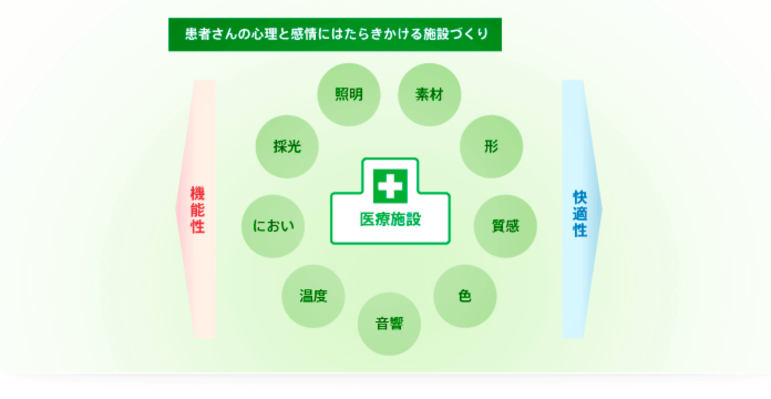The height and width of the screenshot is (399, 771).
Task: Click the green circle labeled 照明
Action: click(349, 95)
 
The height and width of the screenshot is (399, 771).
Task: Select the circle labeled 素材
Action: click(430, 95)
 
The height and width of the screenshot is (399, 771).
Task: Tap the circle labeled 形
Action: click(491, 147)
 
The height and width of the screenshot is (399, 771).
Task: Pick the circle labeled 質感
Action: click(505, 226)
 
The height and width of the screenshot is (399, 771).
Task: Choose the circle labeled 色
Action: click(465, 296)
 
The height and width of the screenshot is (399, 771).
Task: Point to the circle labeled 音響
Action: click(389, 324)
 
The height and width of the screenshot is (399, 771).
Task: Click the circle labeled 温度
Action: click(313, 296)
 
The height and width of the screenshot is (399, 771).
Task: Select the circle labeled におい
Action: click(273, 226)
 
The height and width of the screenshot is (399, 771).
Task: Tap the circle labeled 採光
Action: click(287, 147)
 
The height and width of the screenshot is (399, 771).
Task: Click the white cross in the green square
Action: click(390, 186)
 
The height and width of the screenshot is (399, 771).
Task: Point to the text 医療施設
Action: click(390, 219)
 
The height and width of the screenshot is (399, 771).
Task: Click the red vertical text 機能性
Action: click(198, 209)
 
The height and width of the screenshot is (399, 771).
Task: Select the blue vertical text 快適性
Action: click(580, 213)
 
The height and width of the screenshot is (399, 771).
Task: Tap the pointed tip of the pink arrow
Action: click(176, 209)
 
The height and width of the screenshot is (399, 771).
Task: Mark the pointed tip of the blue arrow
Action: click(603, 209)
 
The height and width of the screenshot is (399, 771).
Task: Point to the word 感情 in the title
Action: click(304, 34)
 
